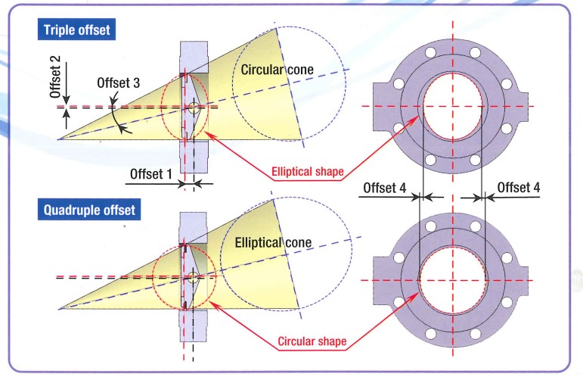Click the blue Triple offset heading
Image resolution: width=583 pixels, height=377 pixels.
pyautogui.click(x=76, y=30)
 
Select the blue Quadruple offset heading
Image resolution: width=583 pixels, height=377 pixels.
pyautogui.click(x=89, y=210)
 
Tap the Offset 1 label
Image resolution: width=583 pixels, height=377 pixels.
pyautogui.click(x=151, y=174)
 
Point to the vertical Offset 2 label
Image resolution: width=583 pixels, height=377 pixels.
pyautogui.click(x=55, y=76)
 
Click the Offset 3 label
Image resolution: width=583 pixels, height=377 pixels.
pyautogui.click(x=118, y=83)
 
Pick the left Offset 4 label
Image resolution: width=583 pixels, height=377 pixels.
pyautogui.click(x=384, y=188)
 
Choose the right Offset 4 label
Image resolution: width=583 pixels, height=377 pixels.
pyautogui.click(x=518, y=187)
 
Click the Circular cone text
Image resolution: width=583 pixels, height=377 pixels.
pyautogui.click(x=277, y=70)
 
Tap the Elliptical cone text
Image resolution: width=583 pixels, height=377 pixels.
pyautogui.click(x=273, y=243)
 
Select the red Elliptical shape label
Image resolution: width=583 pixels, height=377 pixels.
pyautogui.click(x=308, y=172)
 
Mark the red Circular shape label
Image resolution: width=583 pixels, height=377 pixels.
pyautogui.click(x=312, y=341)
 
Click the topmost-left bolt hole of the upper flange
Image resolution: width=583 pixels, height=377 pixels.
pyautogui.click(x=430, y=52)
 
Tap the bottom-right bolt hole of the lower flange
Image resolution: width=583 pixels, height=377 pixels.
pyautogui.click(x=475, y=333)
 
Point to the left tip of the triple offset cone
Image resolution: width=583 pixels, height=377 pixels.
pyautogui.click(x=58, y=139)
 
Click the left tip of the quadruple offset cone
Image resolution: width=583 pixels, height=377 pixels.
pyautogui.click(x=60, y=309)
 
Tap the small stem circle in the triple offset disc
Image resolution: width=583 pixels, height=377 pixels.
pyautogui.click(x=194, y=108)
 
